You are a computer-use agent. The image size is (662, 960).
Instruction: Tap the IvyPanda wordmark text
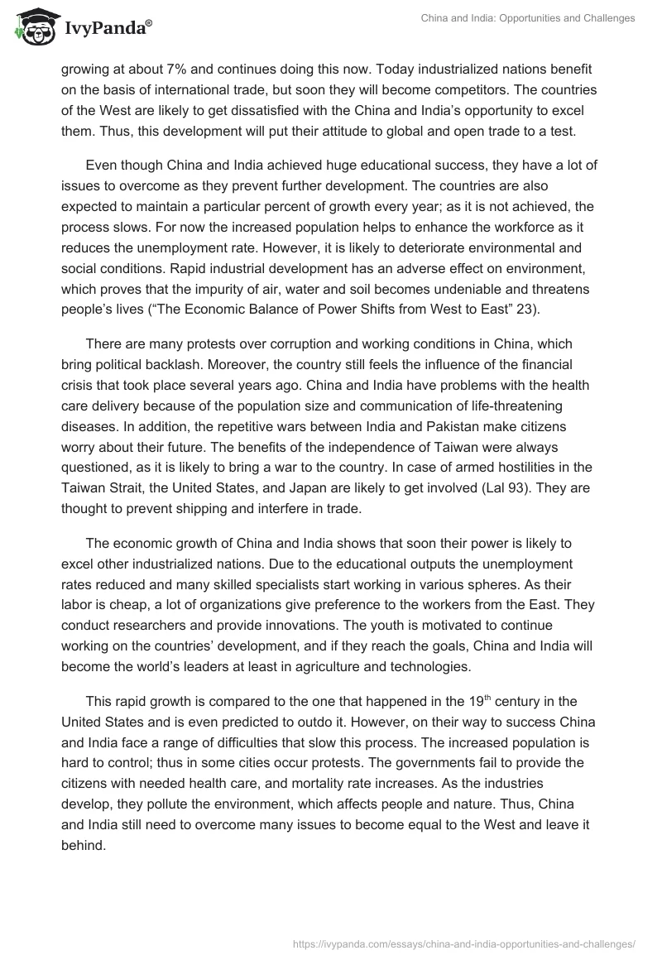[105, 29]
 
